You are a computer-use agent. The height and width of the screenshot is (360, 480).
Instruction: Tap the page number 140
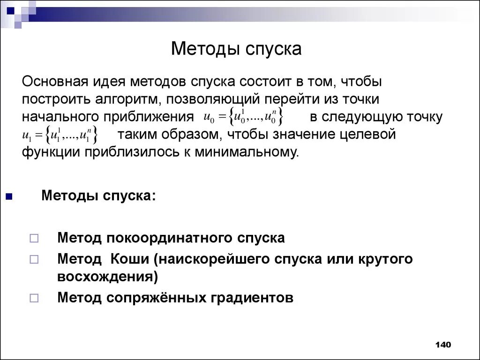[442, 345]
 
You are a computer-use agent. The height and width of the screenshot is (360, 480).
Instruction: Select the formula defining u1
[60, 135]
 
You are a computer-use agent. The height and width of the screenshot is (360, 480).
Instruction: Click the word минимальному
[246, 152]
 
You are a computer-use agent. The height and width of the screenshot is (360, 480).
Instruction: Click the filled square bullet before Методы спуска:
[9, 196]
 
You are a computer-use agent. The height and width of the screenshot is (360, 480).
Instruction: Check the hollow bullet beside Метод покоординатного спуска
[34, 239]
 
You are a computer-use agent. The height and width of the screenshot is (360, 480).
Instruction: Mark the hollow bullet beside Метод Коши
[34, 259]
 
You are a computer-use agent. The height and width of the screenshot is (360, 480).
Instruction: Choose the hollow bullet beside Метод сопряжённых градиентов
[34, 298]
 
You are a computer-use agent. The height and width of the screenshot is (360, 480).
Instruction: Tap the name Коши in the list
[129, 259]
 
